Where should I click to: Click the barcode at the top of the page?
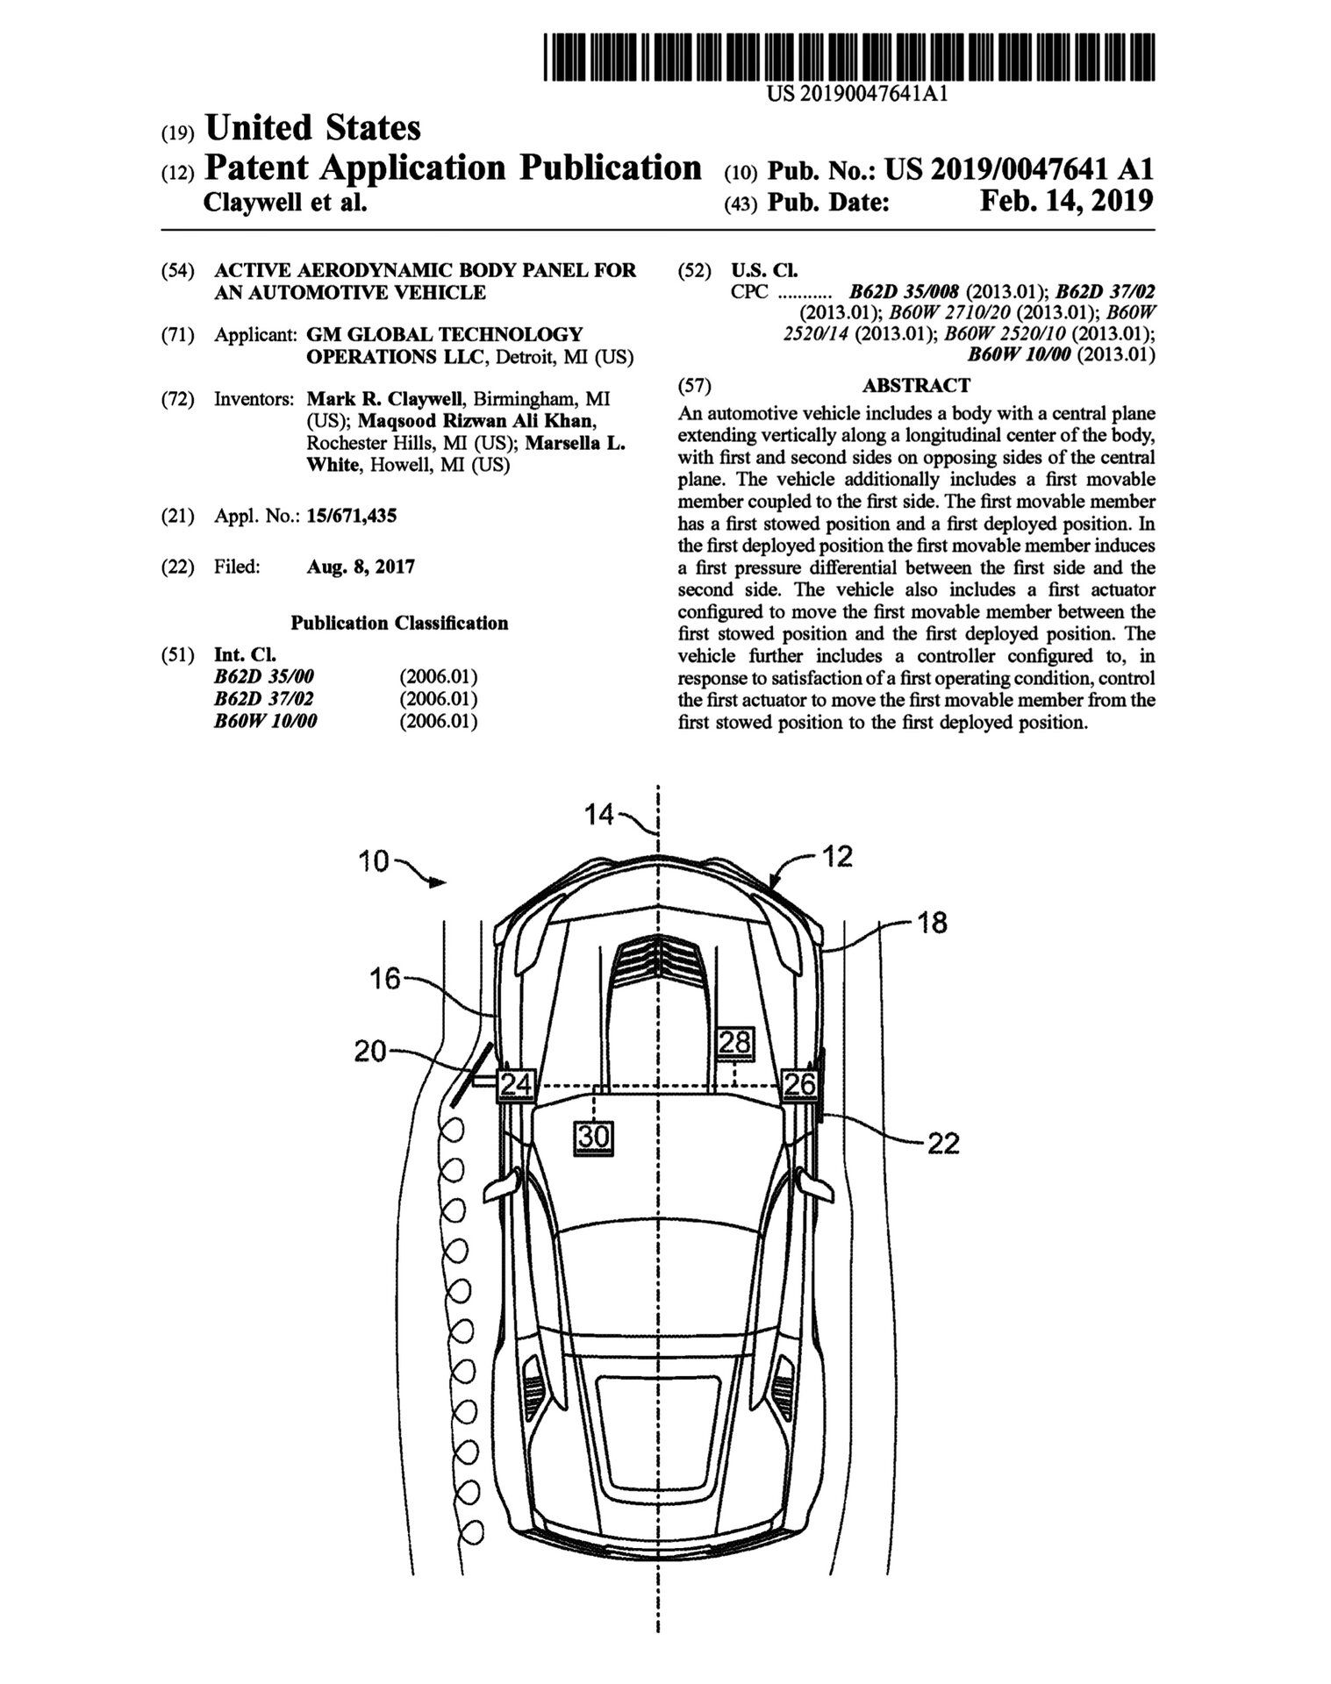coord(848,57)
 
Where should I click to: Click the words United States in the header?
coord(312,128)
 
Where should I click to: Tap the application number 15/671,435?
coord(352,516)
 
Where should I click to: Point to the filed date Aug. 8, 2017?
coord(361,567)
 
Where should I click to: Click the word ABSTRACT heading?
coord(916,385)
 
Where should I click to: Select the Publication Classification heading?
coord(399,623)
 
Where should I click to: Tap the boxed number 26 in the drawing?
coord(799,1084)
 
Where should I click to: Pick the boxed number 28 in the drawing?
coord(735,1042)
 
